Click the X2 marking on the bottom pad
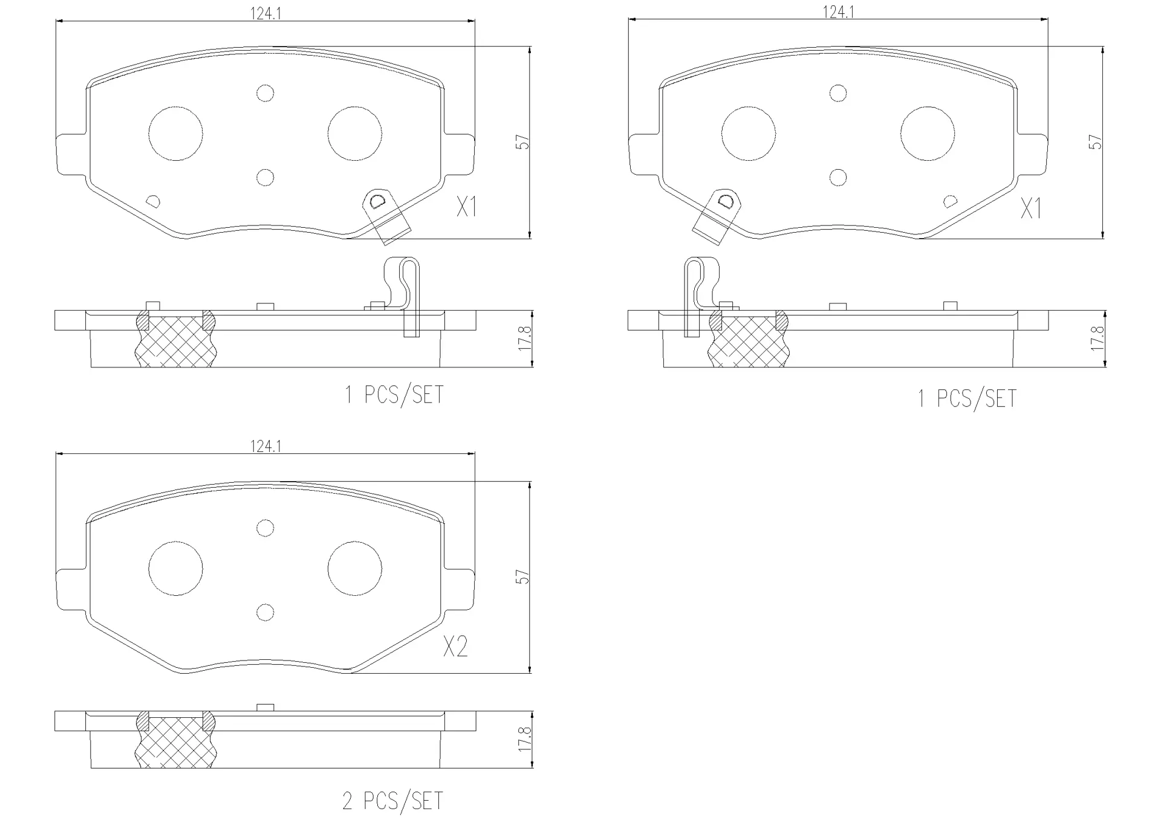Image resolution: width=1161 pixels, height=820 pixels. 455,647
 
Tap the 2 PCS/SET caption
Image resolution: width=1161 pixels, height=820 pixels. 393,801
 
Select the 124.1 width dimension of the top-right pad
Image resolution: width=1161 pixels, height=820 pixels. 838,11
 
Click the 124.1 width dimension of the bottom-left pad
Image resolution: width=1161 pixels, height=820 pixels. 265,446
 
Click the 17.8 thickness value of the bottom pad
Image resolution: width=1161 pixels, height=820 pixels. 524,739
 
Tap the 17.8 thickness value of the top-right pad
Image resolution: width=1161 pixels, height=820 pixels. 1097,338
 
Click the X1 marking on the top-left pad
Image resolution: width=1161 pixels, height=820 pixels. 467,207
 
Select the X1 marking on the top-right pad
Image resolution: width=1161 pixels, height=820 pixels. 1032,209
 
